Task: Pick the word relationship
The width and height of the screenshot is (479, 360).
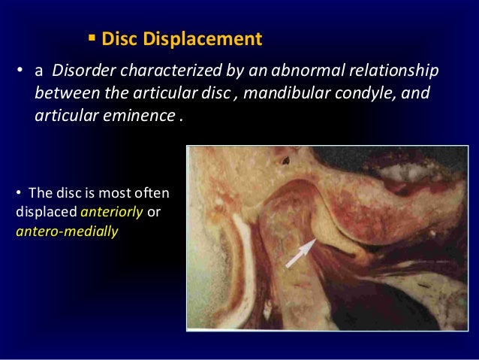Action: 392,71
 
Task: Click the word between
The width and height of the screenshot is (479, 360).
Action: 62,95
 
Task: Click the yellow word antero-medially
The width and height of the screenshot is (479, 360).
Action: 67,231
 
